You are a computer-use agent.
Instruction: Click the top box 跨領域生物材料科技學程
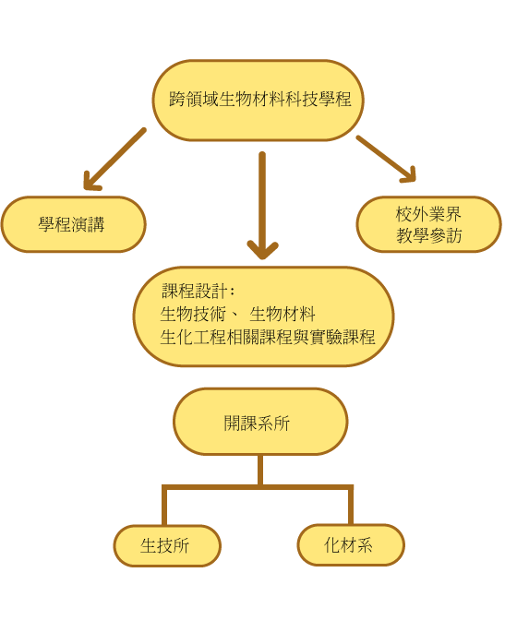(258, 101)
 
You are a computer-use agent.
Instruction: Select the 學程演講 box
(74, 224)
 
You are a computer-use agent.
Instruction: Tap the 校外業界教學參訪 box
(428, 224)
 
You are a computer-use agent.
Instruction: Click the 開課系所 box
(260, 422)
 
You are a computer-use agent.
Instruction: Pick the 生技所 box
(167, 545)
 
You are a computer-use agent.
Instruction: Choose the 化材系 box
(351, 544)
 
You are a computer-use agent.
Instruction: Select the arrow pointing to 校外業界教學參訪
(386, 159)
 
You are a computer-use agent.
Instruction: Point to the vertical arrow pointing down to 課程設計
(262, 206)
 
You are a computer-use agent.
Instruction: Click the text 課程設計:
(198, 292)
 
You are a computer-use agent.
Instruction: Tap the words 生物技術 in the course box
(193, 315)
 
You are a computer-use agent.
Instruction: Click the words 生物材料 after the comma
(283, 315)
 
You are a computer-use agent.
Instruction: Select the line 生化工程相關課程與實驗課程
(268, 337)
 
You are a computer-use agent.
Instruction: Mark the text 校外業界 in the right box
(428, 214)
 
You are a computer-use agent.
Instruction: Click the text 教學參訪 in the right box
(428, 235)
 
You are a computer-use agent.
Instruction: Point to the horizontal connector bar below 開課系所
(258, 487)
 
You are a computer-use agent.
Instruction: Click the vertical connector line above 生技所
(164, 505)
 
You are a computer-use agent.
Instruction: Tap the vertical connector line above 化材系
(351, 505)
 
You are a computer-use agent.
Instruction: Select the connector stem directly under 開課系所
(260, 471)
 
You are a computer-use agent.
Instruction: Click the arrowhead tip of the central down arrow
(262, 258)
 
